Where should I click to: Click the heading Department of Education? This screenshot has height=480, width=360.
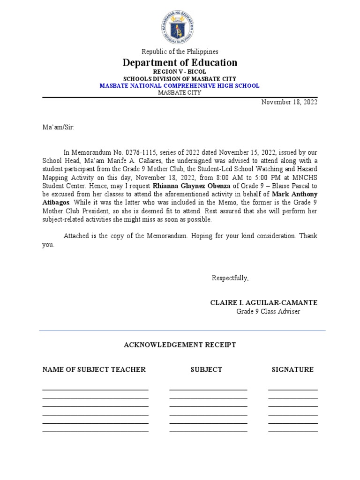pos(180,62)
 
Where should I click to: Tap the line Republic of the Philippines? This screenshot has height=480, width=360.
pos(180,52)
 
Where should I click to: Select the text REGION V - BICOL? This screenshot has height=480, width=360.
pos(180,72)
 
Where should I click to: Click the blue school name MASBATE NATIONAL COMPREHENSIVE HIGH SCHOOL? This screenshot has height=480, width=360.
pos(180,86)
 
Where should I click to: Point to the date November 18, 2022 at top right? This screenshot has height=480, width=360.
pos(289,102)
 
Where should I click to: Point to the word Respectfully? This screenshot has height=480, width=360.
pos(230,278)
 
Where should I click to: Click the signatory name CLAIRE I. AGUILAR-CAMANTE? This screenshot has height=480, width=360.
pos(263,303)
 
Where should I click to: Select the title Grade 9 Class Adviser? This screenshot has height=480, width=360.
pos(268,312)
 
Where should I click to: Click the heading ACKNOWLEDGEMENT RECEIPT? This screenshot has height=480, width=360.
pos(180,345)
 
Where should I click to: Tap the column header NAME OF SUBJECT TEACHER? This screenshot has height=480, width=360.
pos(94,370)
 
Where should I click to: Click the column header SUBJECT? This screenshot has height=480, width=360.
pos(206,370)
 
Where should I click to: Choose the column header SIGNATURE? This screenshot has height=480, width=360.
pos(292,370)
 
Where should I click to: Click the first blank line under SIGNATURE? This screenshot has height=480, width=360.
pos(292,389)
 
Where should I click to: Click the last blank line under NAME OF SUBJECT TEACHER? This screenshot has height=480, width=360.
pos(95,431)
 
